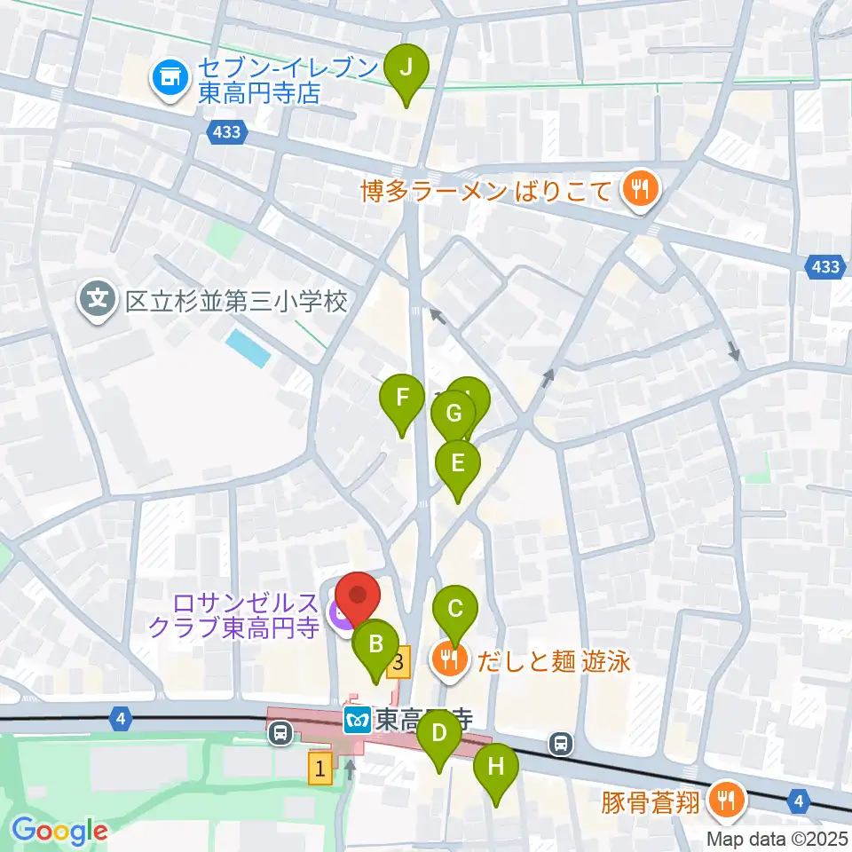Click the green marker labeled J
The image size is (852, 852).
pos(406,67)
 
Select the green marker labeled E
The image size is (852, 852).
pos(458,463)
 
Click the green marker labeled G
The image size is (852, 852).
pos(454,414)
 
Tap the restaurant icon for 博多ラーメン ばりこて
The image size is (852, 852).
pos(638,188)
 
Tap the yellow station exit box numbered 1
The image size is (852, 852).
pos(320,769)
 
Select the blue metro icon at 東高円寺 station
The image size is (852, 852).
pos(357,719)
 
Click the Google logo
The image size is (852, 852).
pos(59,830)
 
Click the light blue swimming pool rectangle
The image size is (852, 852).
pos(248,348)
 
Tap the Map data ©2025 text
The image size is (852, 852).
pos(777,839)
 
